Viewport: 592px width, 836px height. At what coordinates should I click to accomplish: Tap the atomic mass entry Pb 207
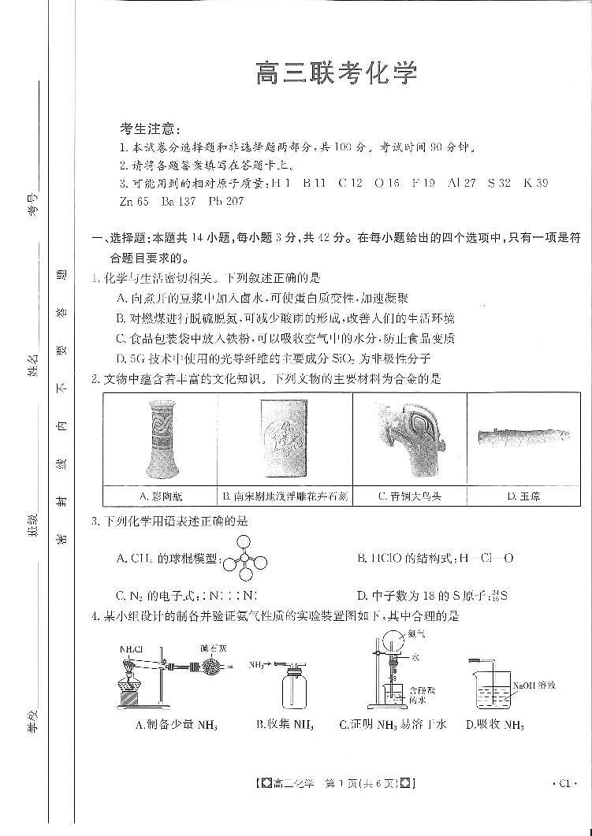tap(226, 201)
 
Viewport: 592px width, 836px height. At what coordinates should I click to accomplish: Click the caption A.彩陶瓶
tap(160, 496)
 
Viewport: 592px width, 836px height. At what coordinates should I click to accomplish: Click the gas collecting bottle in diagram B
tap(299, 691)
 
